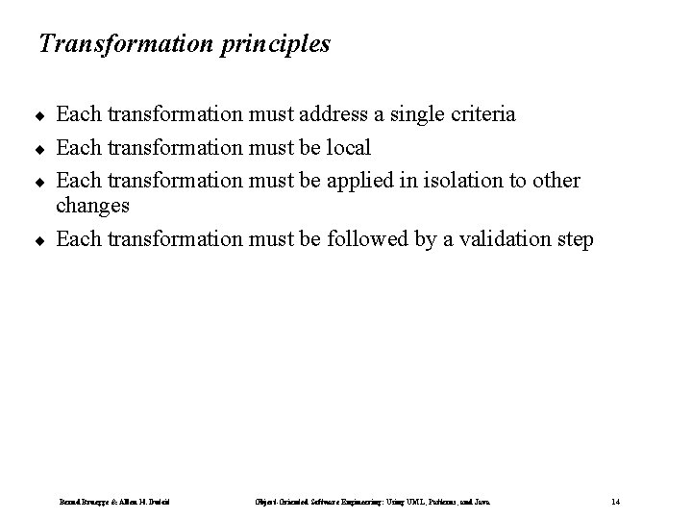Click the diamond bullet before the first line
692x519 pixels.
click(41, 116)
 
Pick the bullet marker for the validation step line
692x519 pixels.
click(41, 240)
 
